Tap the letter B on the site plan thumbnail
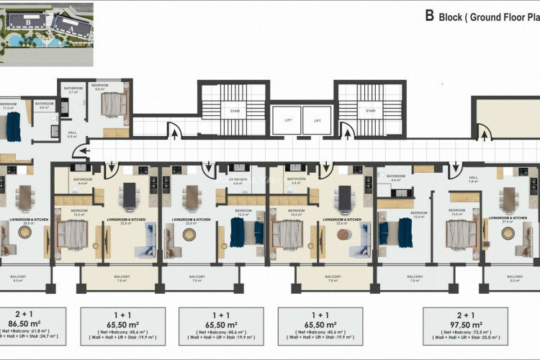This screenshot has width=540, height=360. pyautogui.click(x=28, y=22)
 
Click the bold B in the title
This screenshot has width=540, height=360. pyautogui.click(x=429, y=14)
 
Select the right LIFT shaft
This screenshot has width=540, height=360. pyautogui.click(x=317, y=120)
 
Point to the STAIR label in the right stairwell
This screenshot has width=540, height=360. pyautogui.click(x=370, y=111)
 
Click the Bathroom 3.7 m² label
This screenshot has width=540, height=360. pyautogui.click(x=73, y=90)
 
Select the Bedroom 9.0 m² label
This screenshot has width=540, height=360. pyautogui.click(x=99, y=87)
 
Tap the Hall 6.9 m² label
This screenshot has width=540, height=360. pyautogui.click(x=73, y=134)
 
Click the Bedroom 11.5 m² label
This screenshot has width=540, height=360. pyautogui.click(x=9, y=105)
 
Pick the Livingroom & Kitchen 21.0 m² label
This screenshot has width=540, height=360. pyautogui.click(x=507, y=219)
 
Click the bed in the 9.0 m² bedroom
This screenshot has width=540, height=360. pyautogui.click(x=112, y=105)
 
